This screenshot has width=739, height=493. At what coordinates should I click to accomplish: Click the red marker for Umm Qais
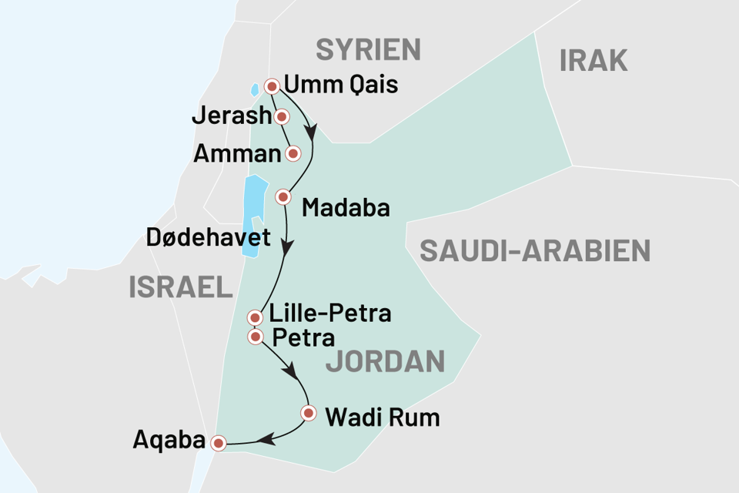point(271,86)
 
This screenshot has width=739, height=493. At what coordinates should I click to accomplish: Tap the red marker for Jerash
point(282,117)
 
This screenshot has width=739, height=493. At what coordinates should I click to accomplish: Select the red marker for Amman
point(293,153)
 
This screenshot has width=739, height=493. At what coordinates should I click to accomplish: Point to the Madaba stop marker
point(283,196)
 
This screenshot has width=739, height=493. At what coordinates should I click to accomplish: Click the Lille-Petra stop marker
point(255,317)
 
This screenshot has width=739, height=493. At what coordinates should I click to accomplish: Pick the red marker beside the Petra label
point(255,337)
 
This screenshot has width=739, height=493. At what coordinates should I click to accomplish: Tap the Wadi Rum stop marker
point(309,413)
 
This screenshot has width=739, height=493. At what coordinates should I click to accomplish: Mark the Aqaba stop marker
point(219,443)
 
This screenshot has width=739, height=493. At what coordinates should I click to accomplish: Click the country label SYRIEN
point(369,50)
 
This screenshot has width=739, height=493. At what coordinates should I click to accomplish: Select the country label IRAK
point(594,59)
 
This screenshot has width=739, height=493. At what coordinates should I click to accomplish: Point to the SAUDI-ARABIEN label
point(535,250)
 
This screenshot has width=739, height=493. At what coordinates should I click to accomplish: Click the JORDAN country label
point(385,361)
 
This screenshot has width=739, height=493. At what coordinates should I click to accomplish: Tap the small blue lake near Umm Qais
point(256,89)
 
